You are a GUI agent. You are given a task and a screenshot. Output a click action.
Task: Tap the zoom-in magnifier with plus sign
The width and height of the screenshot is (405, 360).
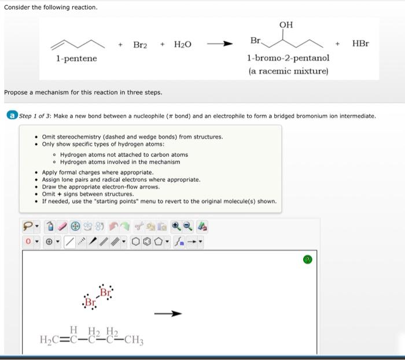[x=176, y=226]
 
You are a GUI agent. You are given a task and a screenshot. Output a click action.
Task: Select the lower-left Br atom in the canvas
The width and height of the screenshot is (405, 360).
[x=90, y=302]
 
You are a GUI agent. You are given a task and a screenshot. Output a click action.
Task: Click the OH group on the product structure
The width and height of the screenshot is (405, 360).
[x=286, y=24]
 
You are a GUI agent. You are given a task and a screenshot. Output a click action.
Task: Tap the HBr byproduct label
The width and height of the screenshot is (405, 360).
[x=360, y=44]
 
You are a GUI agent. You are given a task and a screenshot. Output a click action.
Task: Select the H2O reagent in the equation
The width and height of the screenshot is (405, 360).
[x=183, y=45]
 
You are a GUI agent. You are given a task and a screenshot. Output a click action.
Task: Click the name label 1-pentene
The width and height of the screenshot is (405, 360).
[x=76, y=58]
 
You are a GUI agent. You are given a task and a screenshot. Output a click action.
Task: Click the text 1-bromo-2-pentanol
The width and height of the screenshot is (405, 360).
[x=288, y=58]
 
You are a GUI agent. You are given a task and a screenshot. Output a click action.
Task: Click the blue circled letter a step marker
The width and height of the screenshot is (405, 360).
[x=11, y=116]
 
